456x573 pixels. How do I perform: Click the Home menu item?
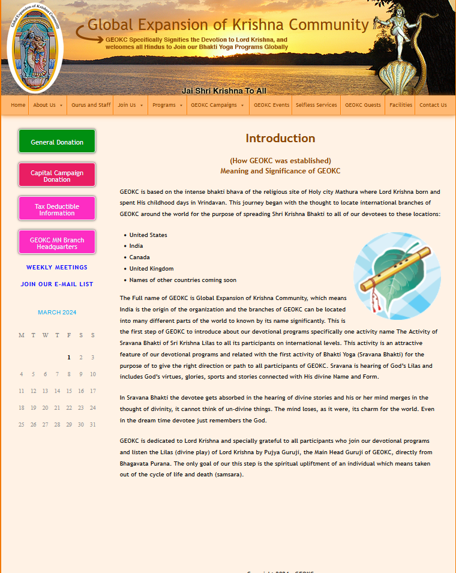(x=18, y=105)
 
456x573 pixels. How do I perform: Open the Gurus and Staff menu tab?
(x=91, y=105)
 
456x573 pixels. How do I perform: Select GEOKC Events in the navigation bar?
(x=271, y=105)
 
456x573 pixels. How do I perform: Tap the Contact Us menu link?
(x=433, y=105)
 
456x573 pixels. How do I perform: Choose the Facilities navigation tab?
(x=400, y=105)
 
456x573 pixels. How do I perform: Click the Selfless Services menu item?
(x=316, y=105)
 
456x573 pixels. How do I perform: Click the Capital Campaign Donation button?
(x=57, y=176)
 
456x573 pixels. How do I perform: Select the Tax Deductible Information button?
(x=57, y=209)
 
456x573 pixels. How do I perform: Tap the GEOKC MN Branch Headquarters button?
(x=57, y=243)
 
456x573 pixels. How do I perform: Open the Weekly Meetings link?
(x=57, y=268)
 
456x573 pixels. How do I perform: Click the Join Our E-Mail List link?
(x=57, y=284)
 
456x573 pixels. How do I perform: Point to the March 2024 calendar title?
(x=57, y=313)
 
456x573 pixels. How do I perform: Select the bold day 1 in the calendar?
(x=69, y=358)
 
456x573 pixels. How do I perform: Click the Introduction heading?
(x=280, y=139)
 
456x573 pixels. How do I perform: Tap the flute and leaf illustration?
(x=397, y=276)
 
